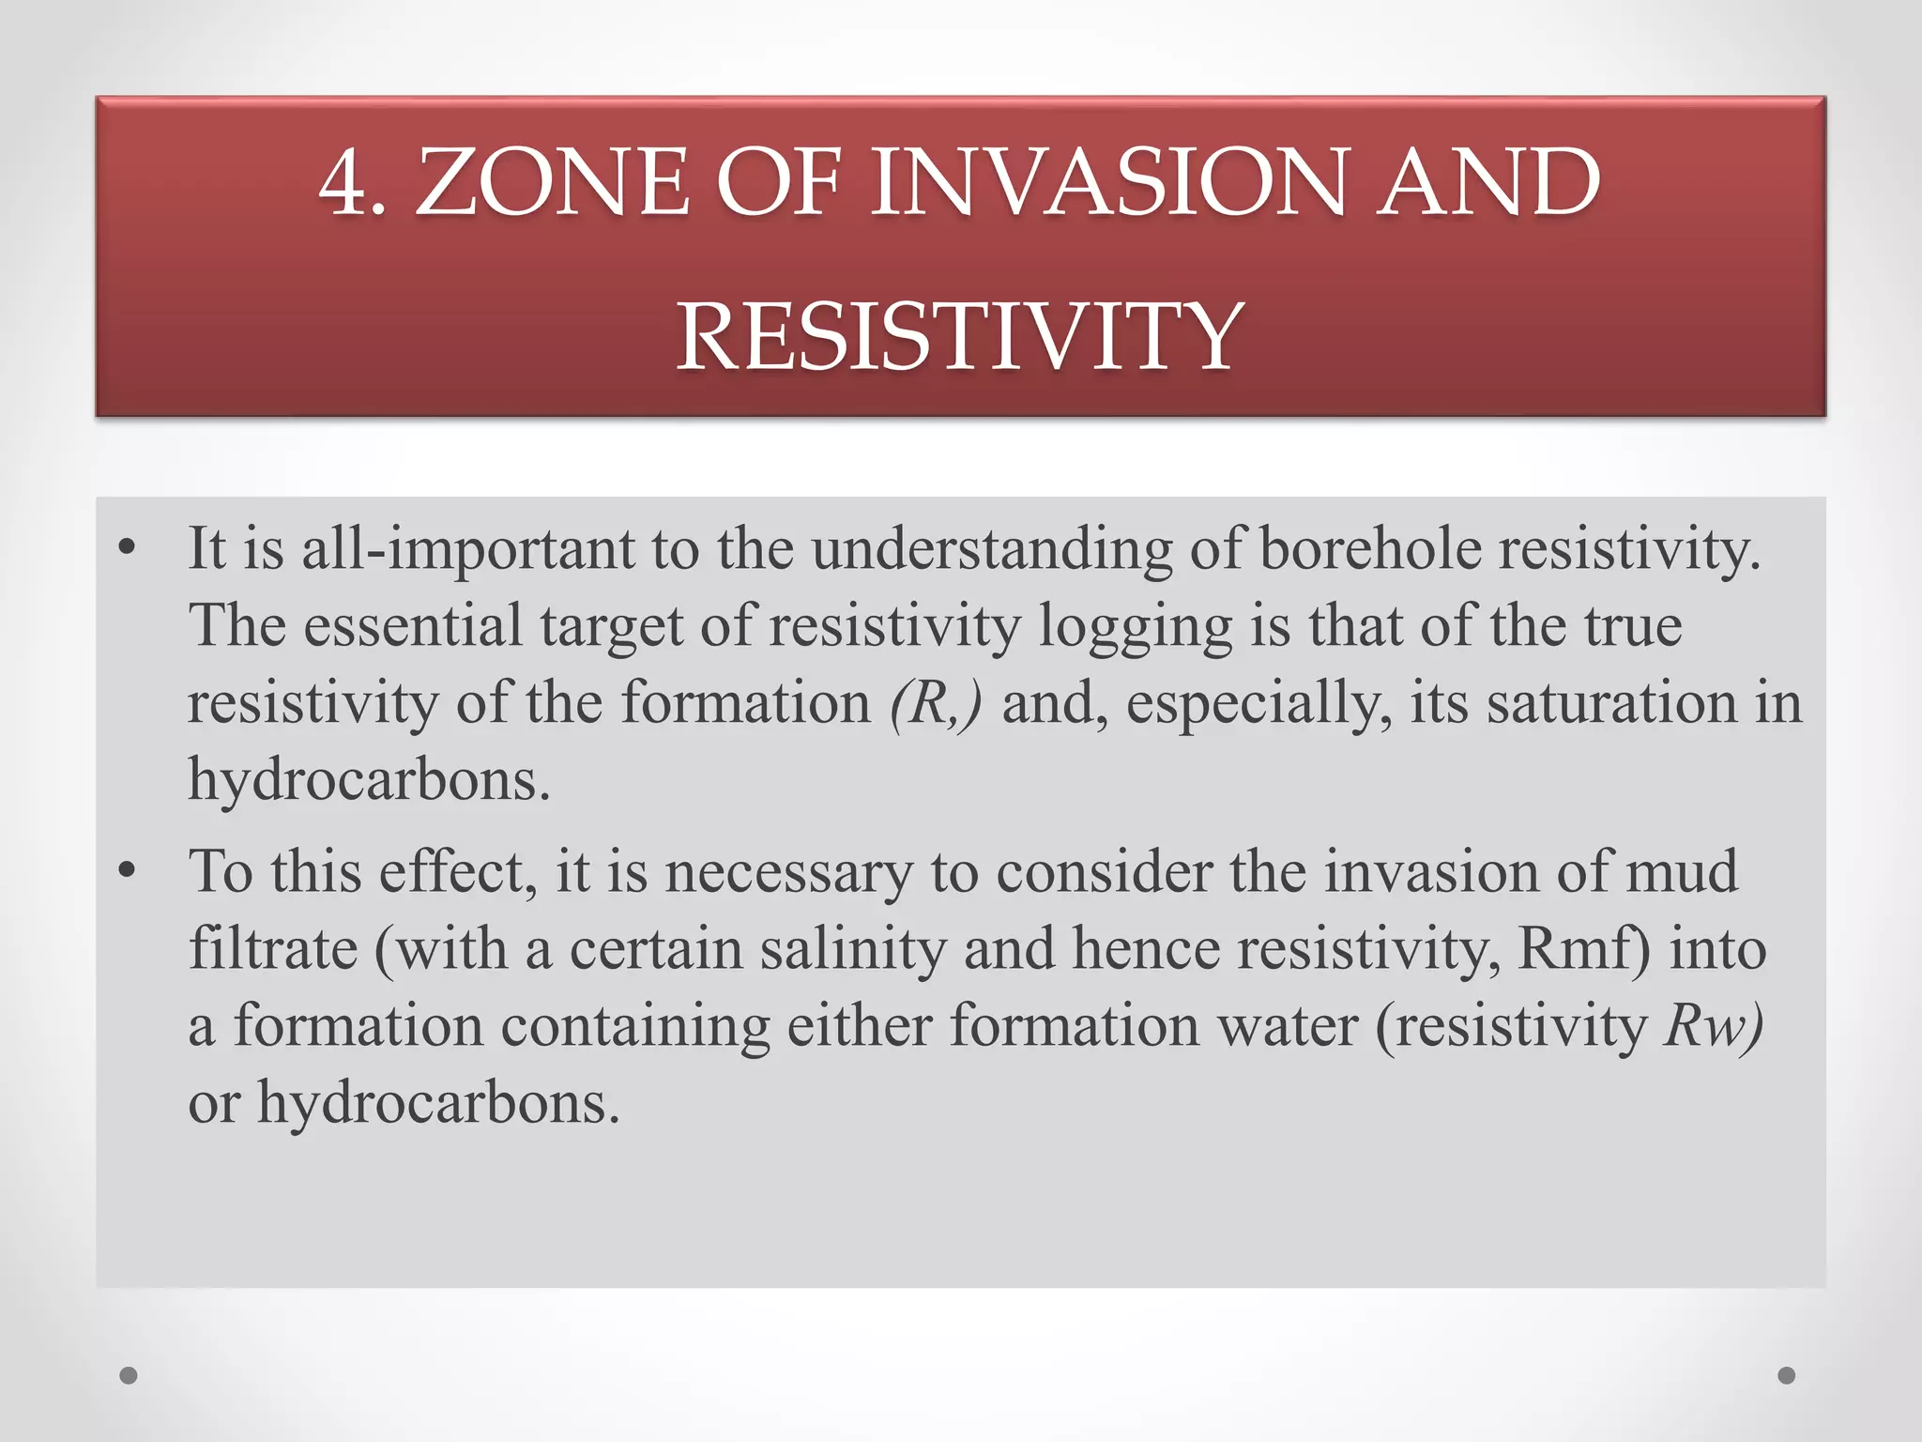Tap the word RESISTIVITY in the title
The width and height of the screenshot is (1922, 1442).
click(x=960, y=336)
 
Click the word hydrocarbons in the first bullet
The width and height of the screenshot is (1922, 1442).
click(x=369, y=780)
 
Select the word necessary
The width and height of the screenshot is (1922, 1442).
click(x=788, y=872)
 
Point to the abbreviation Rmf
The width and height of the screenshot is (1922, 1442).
click(x=1578, y=949)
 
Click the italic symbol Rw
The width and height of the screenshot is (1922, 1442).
click(x=1705, y=1026)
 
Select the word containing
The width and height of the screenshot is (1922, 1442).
click(x=634, y=1026)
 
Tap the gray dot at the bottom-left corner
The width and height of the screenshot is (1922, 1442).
click(x=130, y=1375)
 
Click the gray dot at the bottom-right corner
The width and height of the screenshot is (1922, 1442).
click(x=1786, y=1375)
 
